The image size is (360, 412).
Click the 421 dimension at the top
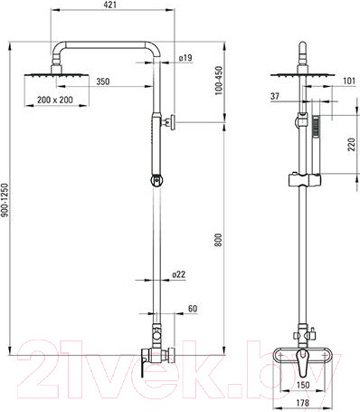point(110,5)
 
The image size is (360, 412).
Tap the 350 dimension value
point(103,81)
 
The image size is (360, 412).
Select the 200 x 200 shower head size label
point(55,100)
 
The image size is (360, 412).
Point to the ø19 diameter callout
point(185,58)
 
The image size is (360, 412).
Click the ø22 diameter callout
point(179,274)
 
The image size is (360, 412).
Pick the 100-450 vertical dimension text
point(219,81)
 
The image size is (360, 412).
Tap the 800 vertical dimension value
point(218,240)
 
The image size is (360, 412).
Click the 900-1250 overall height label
point(5,200)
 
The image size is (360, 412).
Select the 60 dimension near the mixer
point(193,309)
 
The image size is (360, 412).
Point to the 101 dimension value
point(349,81)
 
